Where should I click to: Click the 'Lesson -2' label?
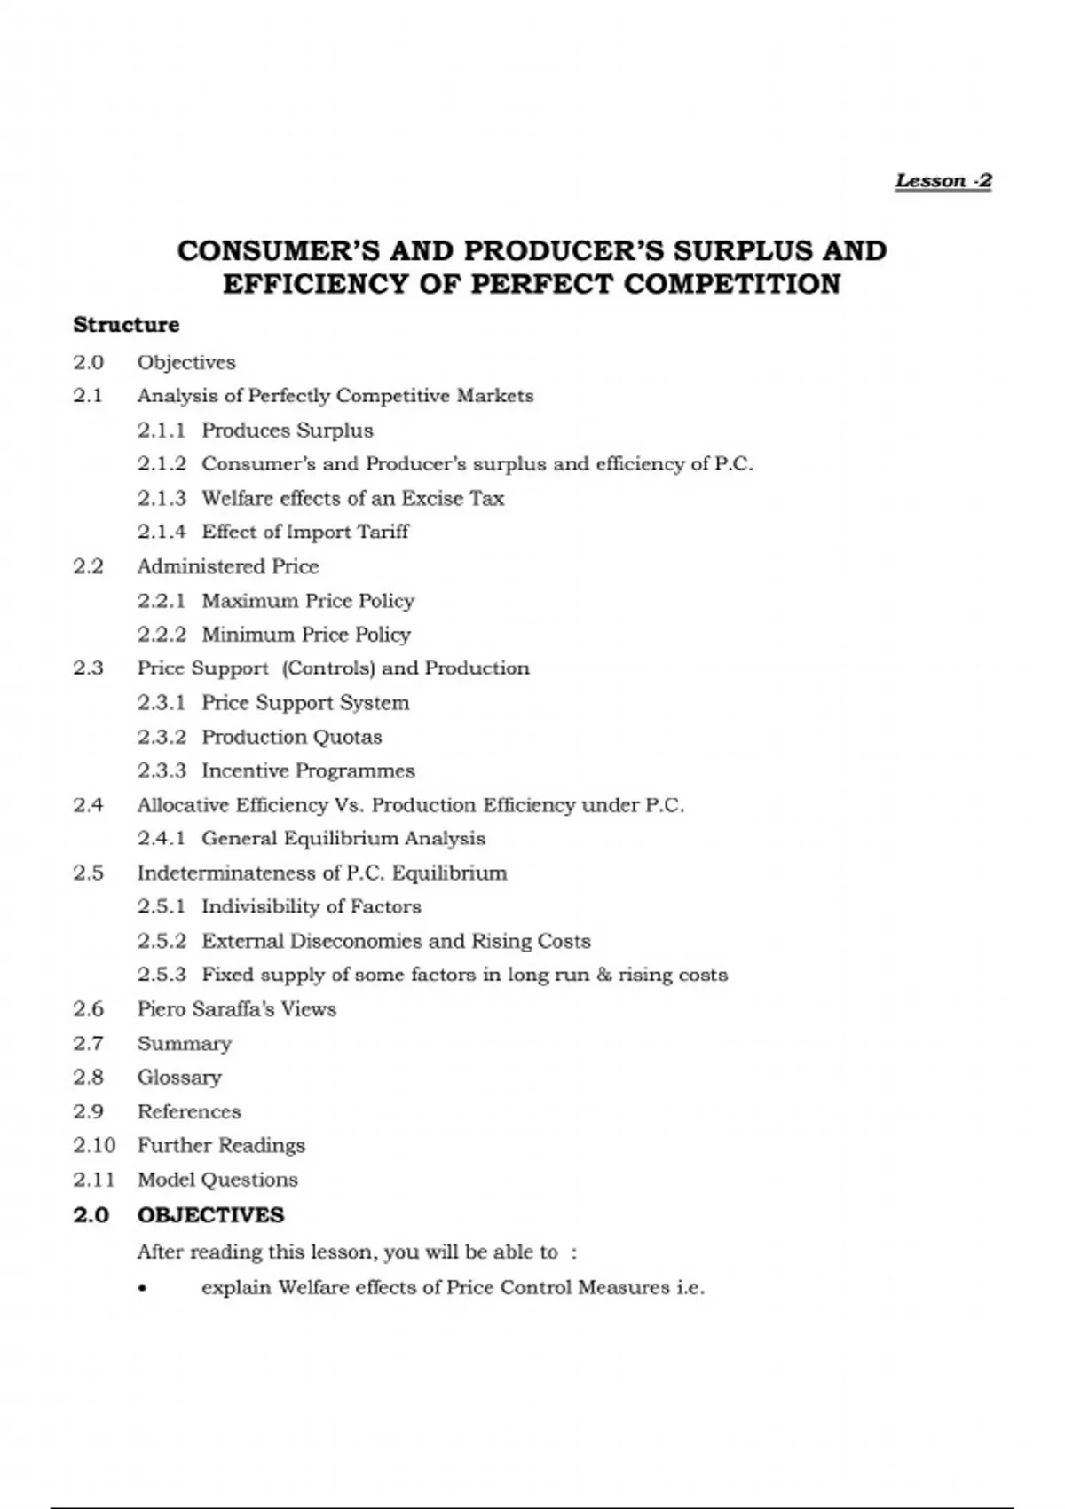pyautogui.click(x=943, y=181)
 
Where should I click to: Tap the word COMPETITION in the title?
pyautogui.click(x=731, y=285)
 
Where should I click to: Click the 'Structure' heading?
pyautogui.click(x=126, y=325)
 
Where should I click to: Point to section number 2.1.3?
pyautogui.click(x=162, y=498)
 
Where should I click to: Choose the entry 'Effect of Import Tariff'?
pyautogui.click(x=305, y=532)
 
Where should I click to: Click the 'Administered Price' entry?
pyautogui.click(x=227, y=566)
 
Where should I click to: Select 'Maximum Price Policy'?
pyautogui.click(x=308, y=601)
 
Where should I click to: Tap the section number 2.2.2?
pyautogui.click(x=162, y=635)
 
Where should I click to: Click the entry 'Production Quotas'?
pyautogui.click(x=291, y=737)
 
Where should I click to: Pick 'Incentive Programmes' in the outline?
pyautogui.click(x=308, y=770)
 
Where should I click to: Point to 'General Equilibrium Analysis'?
pyautogui.click(x=343, y=839)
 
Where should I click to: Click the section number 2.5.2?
pyautogui.click(x=162, y=941)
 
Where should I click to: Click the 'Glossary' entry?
pyautogui.click(x=179, y=1078)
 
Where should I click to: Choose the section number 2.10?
pyautogui.click(x=94, y=1145)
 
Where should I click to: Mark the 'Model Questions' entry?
pyautogui.click(x=217, y=1180)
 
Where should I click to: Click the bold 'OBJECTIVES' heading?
pyautogui.click(x=210, y=1215)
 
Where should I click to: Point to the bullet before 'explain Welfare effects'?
pyautogui.click(x=143, y=1289)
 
